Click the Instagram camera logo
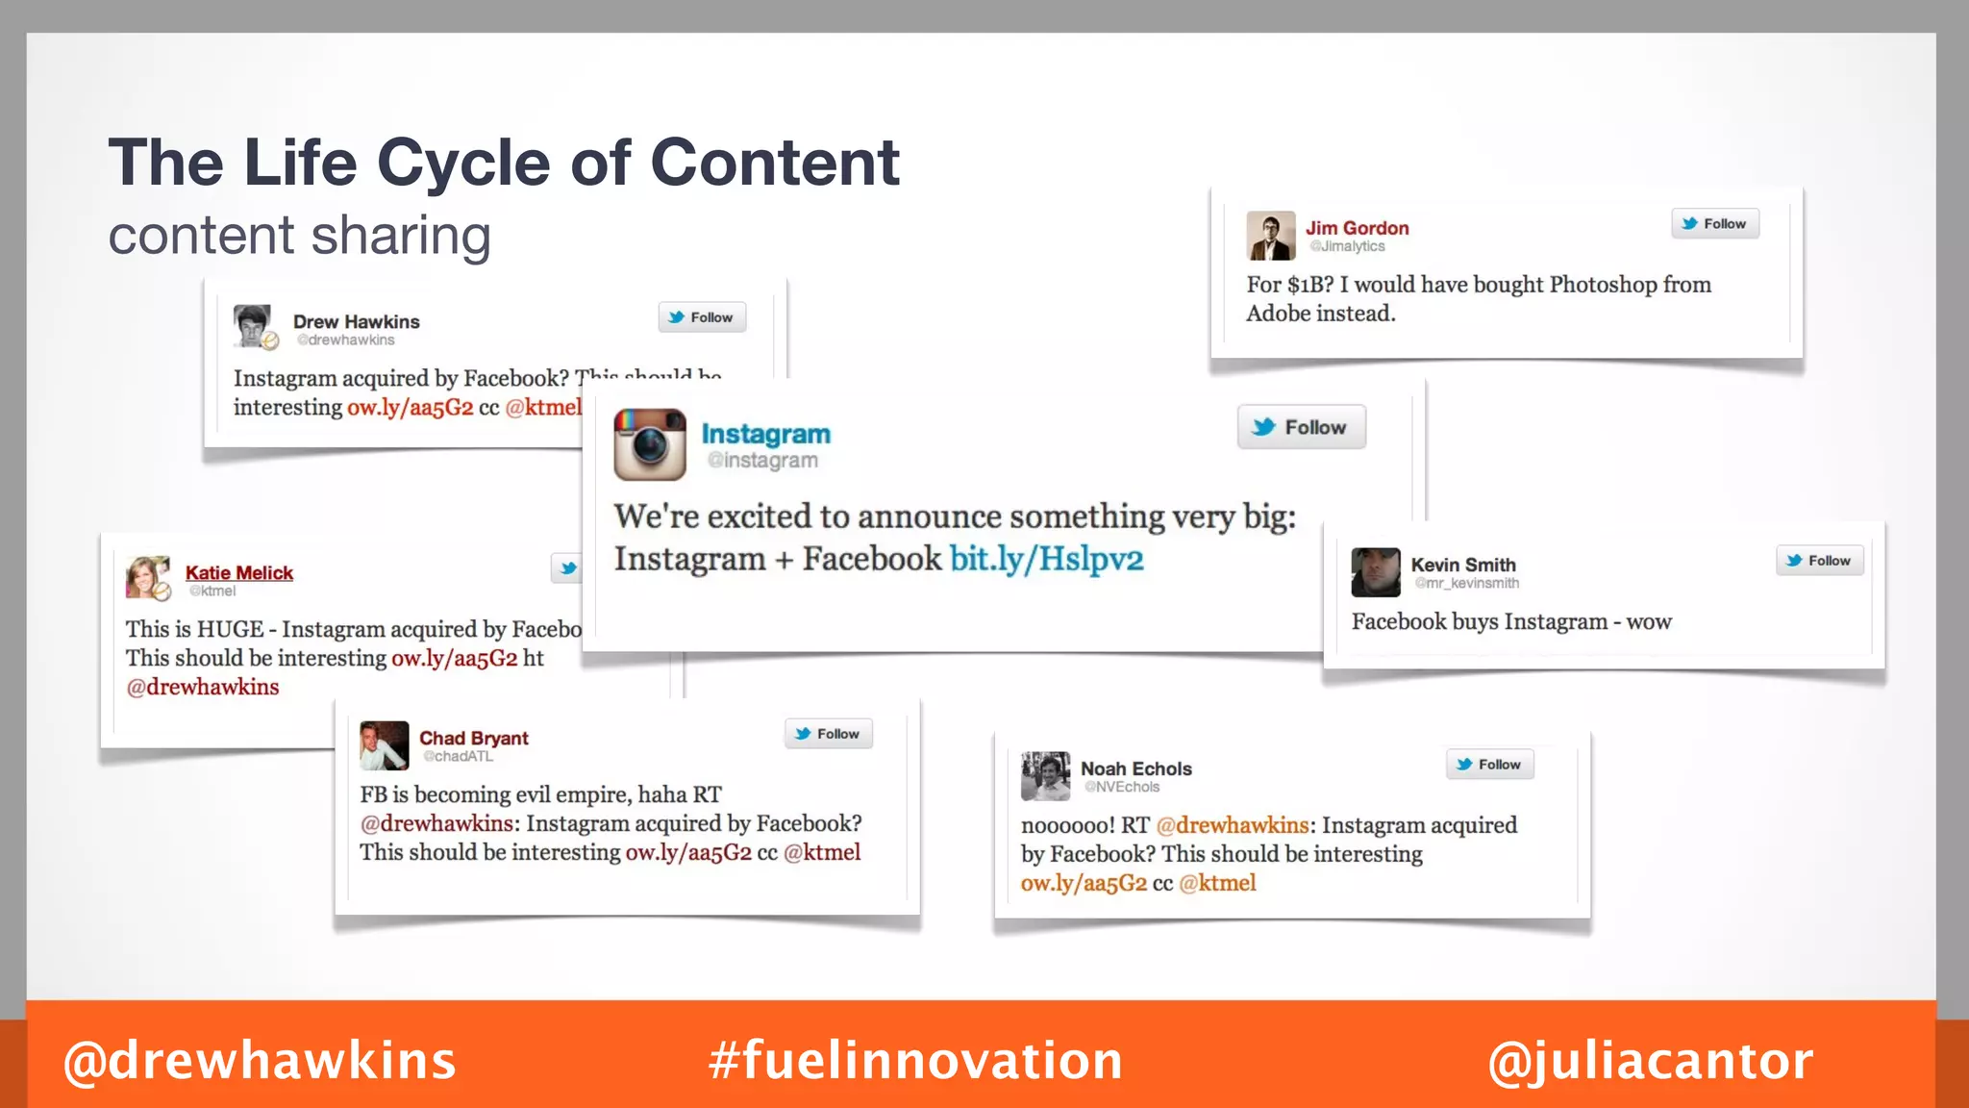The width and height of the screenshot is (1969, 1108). pos(650,444)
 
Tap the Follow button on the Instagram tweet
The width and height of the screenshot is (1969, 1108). pos(1301,427)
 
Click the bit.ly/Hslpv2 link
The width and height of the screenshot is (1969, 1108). pos(1047,559)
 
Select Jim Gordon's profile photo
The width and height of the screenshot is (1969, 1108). pos(1271,236)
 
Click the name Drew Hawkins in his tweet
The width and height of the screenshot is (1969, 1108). pos(356,321)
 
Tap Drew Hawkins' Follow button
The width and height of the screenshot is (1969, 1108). pos(702,317)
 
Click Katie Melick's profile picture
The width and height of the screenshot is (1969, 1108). pos(148,577)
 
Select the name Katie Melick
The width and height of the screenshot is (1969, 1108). pos(239,572)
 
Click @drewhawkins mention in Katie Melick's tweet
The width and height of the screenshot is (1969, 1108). pos(203,687)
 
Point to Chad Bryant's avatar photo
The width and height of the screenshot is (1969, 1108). pos(385,745)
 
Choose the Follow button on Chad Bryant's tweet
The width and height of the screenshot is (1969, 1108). pos(828,734)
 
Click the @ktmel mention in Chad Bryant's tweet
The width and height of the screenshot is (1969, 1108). pos(822,852)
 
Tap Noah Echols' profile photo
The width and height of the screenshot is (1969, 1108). pos(1045,775)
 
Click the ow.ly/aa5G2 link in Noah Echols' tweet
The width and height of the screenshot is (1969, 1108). pos(1084,883)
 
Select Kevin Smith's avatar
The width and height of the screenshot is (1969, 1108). pos(1376,572)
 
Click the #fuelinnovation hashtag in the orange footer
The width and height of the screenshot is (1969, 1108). pos(915,1060)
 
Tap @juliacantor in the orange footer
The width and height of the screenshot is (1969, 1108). pos(1650,1060)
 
